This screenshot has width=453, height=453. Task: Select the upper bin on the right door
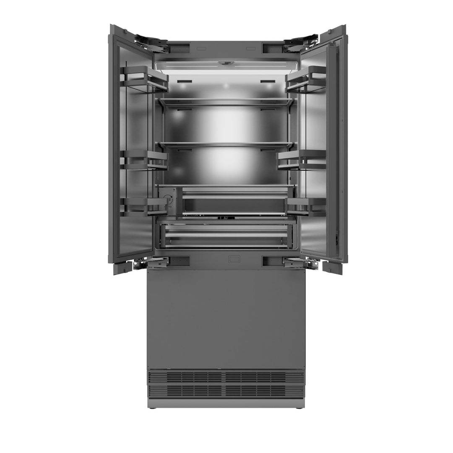306,78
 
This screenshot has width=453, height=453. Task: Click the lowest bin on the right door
306,206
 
